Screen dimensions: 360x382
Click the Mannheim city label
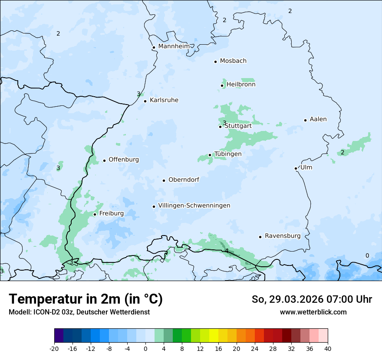(174, 46)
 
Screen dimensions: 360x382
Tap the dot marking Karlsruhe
(145, 101)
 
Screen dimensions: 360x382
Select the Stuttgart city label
(238, 126)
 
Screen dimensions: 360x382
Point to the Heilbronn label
(241, 85)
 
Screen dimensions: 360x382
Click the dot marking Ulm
(296, 168)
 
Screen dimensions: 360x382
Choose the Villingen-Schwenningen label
(194, 206)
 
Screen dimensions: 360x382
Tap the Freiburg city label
(111, 213)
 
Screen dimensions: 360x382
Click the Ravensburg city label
(283, 236)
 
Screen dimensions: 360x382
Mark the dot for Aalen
(306, 120)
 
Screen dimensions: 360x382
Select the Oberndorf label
(184, 180)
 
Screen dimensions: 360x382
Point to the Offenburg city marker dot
(105, 160)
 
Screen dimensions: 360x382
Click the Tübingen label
(228, 154)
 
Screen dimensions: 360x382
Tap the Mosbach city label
(233, 61)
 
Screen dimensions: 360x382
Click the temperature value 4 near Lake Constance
(227, 251)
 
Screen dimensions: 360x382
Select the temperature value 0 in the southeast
(367, 255)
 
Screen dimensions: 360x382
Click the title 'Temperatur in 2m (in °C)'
(86, 299)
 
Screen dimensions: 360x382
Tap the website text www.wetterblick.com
(313, 312)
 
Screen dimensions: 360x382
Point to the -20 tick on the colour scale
(54, 348)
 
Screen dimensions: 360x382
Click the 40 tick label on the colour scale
(328, 348)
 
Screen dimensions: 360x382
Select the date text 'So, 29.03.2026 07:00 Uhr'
(312, 299)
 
